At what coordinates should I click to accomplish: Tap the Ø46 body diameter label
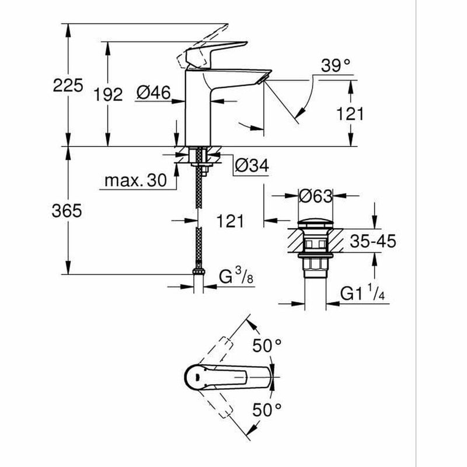(x=154, y=92)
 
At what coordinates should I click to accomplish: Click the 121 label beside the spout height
(x=350, y=114)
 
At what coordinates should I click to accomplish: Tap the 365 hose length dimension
(x=66, y=211)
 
